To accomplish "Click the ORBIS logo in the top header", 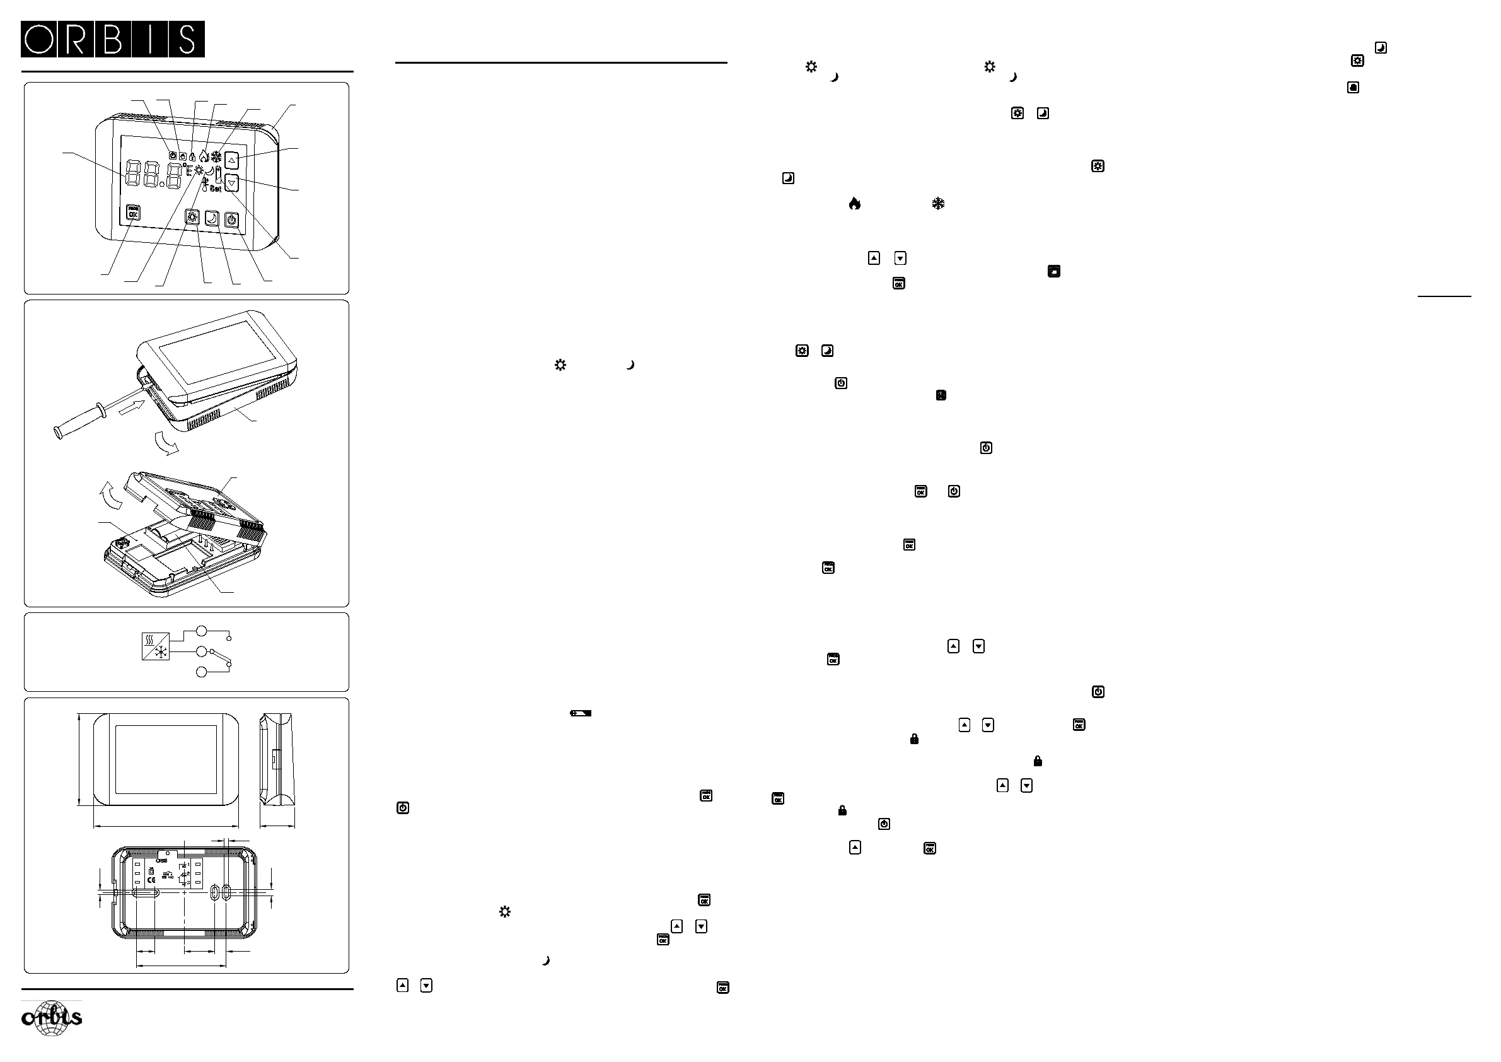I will click(112, 39).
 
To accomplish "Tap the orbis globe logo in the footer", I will click(52, 1018).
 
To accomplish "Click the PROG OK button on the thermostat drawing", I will click(134, 213).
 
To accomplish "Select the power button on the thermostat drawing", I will click(231, 219).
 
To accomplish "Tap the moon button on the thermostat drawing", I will click(212, 218).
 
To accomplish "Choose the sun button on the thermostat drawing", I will click(192, 217).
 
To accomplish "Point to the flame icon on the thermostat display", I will click(204, 156).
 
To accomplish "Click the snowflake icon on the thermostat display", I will click(216, 157).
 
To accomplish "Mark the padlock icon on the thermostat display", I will click(192, 157).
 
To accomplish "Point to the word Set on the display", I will click(215, 189).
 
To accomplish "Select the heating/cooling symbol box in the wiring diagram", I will click(156, 646).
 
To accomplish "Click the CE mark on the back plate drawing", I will click(152, 880).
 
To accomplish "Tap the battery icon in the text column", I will click(581, 713).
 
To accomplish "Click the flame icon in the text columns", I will click(854, 204).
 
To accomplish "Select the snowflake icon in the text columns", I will click(938, 204).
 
